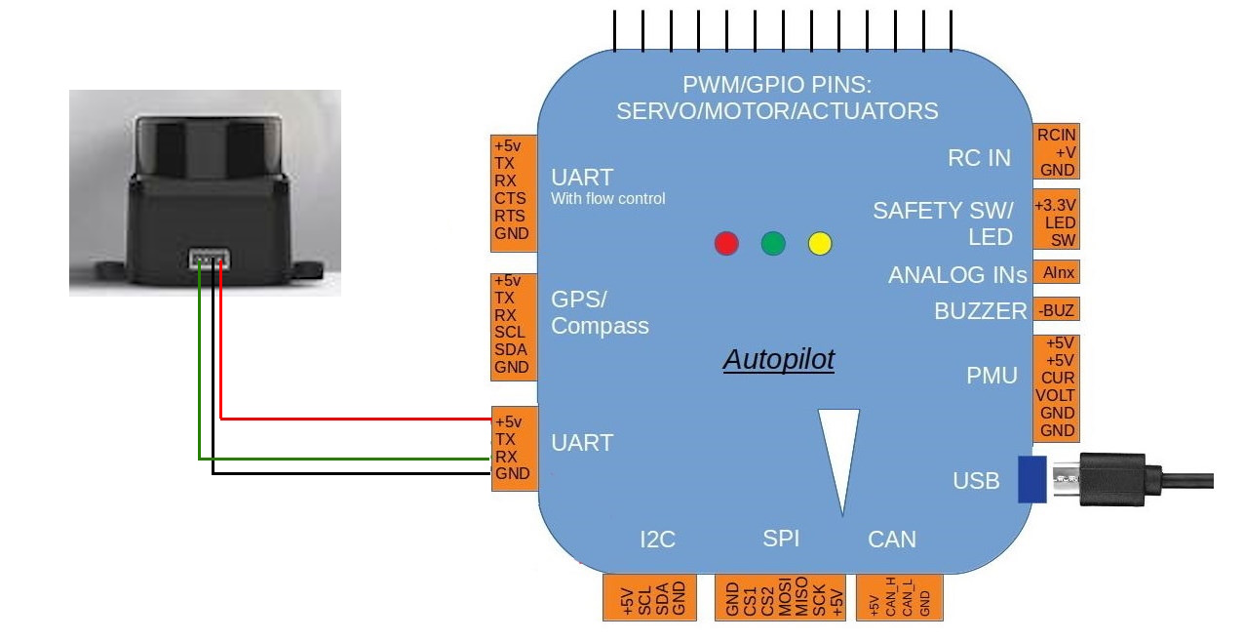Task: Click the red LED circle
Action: [x=726, y=243]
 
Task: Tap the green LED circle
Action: [x=773, y=243]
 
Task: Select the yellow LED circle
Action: [x=820, y=243]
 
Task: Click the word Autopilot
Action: [x=779, y=360]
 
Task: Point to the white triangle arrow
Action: [x=839, y=454]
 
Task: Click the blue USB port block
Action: [x=1031, y=479]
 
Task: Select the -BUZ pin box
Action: [x=1058, y=310]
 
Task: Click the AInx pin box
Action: [x=1058, y=273]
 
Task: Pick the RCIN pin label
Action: [x=1058, y=134]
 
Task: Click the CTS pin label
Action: [x=510, y=199]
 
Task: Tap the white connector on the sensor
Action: [x=208, y=260]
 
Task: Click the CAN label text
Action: [x=892, y=539]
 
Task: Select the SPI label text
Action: [x=781, y=538]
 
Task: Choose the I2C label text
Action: [x=658, y=539]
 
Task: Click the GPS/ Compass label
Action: [x=600, y=312]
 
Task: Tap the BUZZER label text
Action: [x=980, y=311]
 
